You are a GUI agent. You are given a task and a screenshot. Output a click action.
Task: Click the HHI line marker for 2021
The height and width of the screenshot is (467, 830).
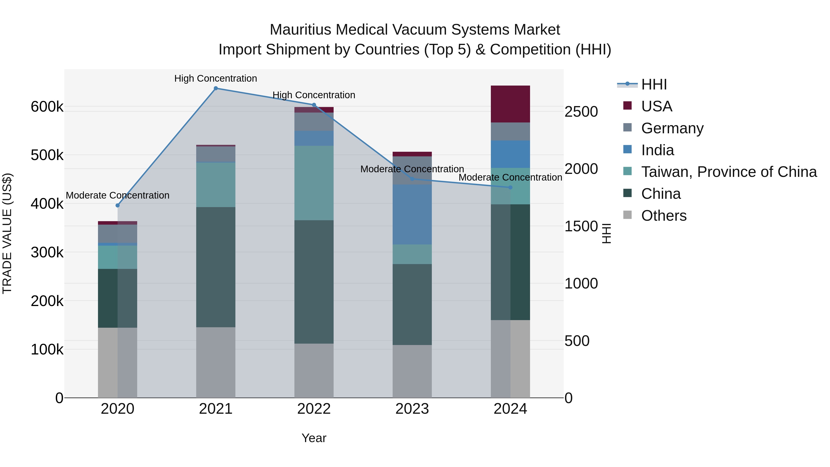(x=216, y=88)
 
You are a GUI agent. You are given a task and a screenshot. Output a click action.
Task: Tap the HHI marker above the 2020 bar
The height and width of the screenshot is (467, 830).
(x=118, y=205)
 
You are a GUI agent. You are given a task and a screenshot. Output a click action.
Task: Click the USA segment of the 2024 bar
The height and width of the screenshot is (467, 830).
(x=510, y=104)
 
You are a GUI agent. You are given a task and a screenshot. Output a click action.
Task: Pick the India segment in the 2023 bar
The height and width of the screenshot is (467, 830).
(x=412, y=214)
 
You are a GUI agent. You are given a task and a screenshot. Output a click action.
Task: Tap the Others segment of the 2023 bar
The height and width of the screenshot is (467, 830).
(x=412, y=371)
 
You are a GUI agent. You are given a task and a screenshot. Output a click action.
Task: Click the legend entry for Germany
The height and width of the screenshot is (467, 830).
(x=672, y=128)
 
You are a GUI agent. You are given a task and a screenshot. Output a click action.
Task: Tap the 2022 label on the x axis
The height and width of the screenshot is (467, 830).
(x=314, y=409)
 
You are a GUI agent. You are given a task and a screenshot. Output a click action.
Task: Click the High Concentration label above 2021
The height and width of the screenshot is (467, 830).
(x=216, y=78)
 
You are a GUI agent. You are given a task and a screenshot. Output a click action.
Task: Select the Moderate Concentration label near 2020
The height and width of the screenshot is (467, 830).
(x=118, y=195)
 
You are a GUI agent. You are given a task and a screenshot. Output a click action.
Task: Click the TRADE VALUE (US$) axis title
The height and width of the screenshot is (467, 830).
(x=7, y=233)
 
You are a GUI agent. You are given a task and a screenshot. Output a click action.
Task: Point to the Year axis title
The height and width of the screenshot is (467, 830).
(x=314, y=438)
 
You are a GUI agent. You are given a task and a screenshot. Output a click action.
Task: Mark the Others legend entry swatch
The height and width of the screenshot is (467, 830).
(x=627, y=215)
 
